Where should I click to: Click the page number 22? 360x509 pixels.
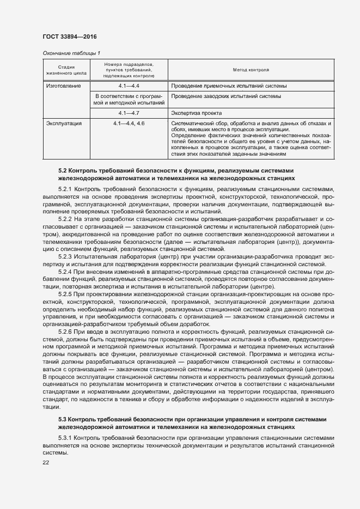coord(45,463)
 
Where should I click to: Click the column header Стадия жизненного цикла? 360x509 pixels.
coord(66,70)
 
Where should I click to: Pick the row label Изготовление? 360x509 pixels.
coord(63,86)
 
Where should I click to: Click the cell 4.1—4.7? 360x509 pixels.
coord(129,113)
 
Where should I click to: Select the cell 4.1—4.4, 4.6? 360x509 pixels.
coord(129,124)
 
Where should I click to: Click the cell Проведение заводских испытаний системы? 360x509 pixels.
coord(226,96)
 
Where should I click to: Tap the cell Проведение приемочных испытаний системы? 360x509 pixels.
coord(227,86)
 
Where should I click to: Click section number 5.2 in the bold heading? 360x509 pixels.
coord(62,170)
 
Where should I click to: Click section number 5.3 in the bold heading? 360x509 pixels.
coord(62,420)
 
